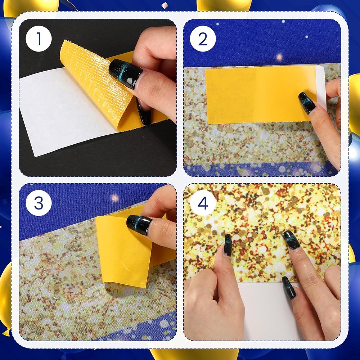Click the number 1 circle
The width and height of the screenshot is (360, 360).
click(39, 39)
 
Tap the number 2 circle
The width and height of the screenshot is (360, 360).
click(203, 39)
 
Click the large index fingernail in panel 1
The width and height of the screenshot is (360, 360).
click(125, 73)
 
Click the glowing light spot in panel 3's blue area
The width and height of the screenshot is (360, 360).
click(114, 198)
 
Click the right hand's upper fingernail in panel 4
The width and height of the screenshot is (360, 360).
click(291, 240)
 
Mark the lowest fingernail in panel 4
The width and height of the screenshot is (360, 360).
click(289, 287)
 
